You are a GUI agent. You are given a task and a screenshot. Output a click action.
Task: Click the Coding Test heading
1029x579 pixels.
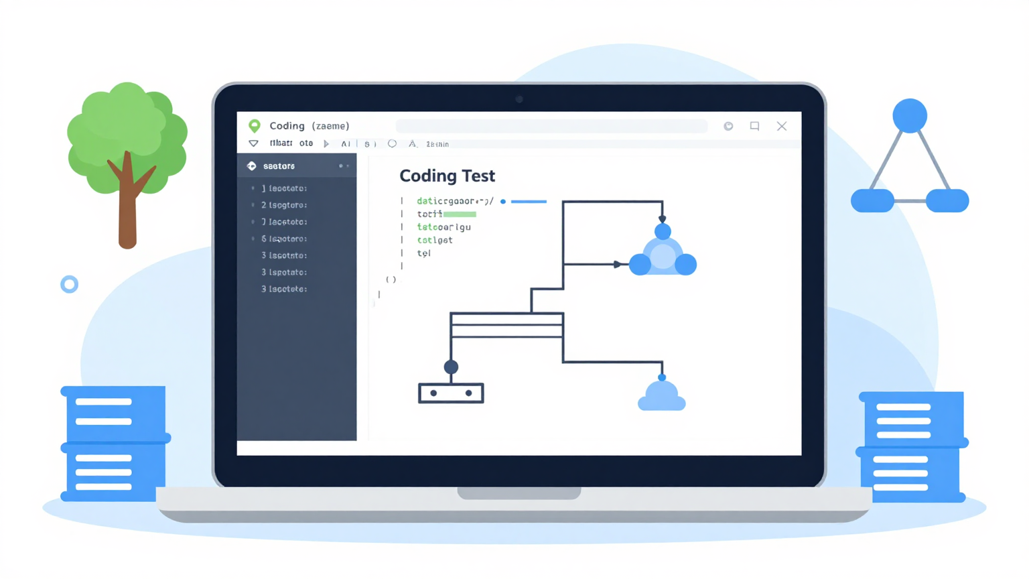click(447, 176)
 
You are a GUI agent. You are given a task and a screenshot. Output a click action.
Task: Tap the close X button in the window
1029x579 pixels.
click(781, 126)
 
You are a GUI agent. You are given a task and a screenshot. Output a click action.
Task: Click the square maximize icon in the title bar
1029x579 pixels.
click(754, 126)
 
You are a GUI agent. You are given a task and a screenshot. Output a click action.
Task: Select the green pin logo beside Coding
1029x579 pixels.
click(255, 126)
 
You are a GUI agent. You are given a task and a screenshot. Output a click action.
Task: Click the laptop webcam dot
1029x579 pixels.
click(519, 99)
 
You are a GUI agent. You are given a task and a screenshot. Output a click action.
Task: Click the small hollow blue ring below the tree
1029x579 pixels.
click(69, 284)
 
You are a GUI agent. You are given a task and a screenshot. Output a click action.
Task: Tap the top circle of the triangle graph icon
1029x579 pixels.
click(909, 116)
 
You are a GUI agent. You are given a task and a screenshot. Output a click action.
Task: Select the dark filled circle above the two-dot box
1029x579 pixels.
click(451, 367)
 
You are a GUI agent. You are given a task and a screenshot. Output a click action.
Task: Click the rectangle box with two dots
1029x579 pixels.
click(451, 393)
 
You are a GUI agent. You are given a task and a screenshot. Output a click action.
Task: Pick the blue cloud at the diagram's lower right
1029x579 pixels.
click(661, 397)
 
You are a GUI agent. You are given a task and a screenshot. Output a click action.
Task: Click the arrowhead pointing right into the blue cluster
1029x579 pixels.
click(617, 265)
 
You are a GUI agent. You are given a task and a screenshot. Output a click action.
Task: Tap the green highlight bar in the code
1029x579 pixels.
click(460, 214)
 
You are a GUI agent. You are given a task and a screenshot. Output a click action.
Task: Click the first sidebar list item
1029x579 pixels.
click(285, 188)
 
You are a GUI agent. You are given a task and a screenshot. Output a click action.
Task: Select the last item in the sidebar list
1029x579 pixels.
click(285, 289)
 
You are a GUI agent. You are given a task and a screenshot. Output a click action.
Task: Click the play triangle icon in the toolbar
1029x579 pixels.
click(326, 144)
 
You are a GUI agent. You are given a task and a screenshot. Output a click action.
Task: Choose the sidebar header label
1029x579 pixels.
click(279, 166)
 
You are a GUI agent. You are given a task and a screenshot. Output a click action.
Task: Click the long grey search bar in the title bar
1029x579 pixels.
click(551, 126)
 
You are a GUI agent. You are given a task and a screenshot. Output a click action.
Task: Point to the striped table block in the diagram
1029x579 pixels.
click(506, 325)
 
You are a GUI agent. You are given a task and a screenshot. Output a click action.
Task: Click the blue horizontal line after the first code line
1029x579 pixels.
click(529, 201)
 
